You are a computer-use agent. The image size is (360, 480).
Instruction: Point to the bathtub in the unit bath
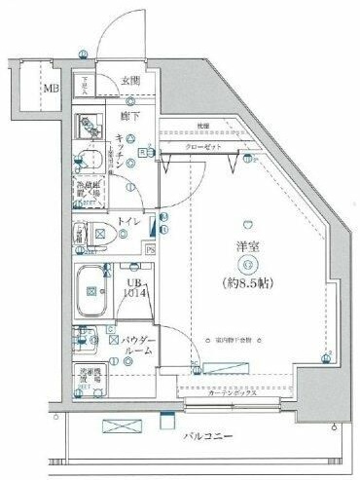point(94,289)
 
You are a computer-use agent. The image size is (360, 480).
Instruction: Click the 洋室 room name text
point(249,244)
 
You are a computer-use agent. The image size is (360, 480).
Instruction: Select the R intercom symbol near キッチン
point(142,151)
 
